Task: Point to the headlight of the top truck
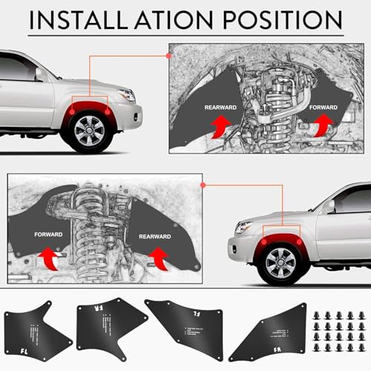click(126, 95)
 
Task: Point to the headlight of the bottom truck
click(243, 228)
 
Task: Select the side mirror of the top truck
click(39, 73)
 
